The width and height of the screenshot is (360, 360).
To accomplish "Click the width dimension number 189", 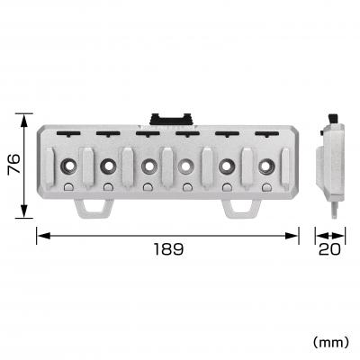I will pos(166,249).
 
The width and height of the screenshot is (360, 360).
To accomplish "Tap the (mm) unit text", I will pos(330,342).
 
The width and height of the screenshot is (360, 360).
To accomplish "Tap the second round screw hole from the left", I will pos(108,166).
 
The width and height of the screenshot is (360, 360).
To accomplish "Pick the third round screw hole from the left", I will pos(148,166).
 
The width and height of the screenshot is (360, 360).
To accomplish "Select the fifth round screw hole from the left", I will pos(226,166).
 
